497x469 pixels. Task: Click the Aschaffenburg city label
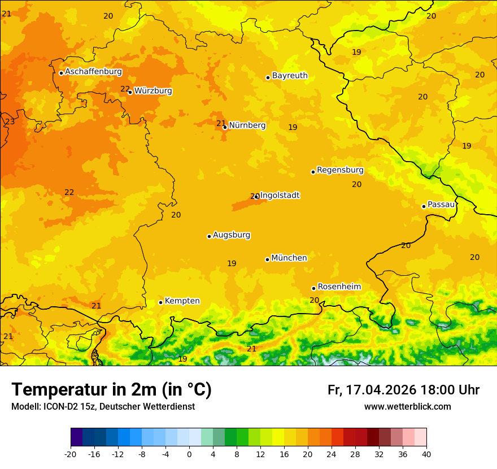93,72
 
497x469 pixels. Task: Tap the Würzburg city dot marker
130,92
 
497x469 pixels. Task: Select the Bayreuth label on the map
290,76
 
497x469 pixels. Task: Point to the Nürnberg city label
247,125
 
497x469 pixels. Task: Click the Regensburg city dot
313,172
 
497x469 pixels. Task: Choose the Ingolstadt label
280,196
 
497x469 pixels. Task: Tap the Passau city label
441,205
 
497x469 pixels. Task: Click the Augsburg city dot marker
209,236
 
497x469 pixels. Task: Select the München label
289,258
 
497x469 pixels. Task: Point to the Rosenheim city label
339,287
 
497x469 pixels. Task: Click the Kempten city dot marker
160,302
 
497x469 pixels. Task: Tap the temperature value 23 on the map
10,121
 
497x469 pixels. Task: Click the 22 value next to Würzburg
125,89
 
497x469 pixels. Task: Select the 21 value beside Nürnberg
221,123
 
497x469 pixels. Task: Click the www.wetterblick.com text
407,407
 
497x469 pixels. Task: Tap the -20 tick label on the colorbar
71,454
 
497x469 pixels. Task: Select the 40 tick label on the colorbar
426,454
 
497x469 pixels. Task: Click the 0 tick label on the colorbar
189,454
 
